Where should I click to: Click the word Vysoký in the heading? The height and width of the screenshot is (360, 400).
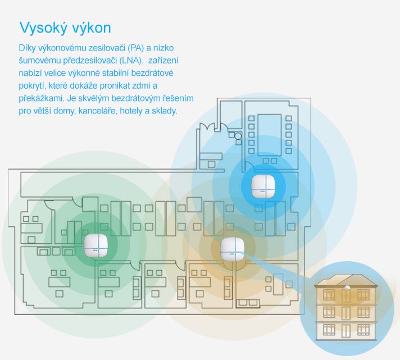43,28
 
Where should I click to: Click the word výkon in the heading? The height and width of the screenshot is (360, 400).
92,28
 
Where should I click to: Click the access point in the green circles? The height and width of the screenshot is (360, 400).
96,245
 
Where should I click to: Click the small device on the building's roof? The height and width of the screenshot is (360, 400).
347,288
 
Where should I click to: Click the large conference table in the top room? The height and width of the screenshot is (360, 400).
270,135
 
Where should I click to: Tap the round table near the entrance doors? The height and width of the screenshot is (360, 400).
238,136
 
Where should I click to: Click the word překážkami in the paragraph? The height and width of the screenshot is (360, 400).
40,98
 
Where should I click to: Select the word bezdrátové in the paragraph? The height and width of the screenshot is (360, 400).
152,73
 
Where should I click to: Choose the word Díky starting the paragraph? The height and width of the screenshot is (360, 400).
28,48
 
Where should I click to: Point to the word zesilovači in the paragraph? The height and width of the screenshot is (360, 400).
108,48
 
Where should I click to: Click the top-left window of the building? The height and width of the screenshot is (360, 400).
329,295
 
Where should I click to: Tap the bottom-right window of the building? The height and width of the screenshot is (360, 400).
363,330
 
